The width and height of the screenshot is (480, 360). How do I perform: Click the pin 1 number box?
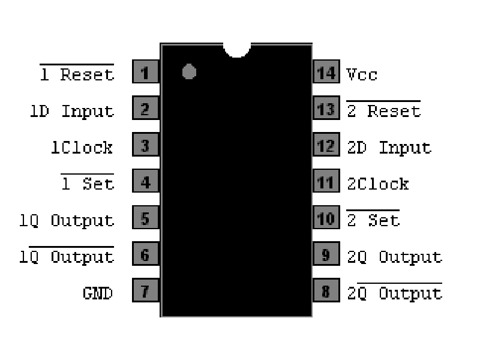point(145,73)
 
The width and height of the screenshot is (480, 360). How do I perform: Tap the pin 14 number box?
point(326,73)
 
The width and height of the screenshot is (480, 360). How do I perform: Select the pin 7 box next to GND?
point(145,293)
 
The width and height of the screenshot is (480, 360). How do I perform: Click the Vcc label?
point(362,74)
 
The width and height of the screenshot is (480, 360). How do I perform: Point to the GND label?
point(98,293)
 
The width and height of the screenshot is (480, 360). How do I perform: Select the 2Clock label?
point(378,184)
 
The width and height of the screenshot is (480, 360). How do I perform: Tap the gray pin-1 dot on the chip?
point(189,71)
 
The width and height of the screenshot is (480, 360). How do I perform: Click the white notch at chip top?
point(236,48)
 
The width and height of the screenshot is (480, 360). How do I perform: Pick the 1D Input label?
point(71,111)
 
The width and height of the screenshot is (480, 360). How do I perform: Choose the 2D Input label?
point(389,148)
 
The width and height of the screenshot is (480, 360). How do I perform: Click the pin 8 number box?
point(326,293)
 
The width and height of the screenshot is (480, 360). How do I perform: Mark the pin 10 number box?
point(326,220)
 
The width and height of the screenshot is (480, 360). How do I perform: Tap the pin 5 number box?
point(145,220)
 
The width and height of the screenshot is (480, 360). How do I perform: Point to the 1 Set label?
point(88,184)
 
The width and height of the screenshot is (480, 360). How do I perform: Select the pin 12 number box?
point(326,146)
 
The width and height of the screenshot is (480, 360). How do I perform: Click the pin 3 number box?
point(145,146)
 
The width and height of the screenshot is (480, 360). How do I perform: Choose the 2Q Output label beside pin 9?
point(394,257)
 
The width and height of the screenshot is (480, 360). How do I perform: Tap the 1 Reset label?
point(77,74)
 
